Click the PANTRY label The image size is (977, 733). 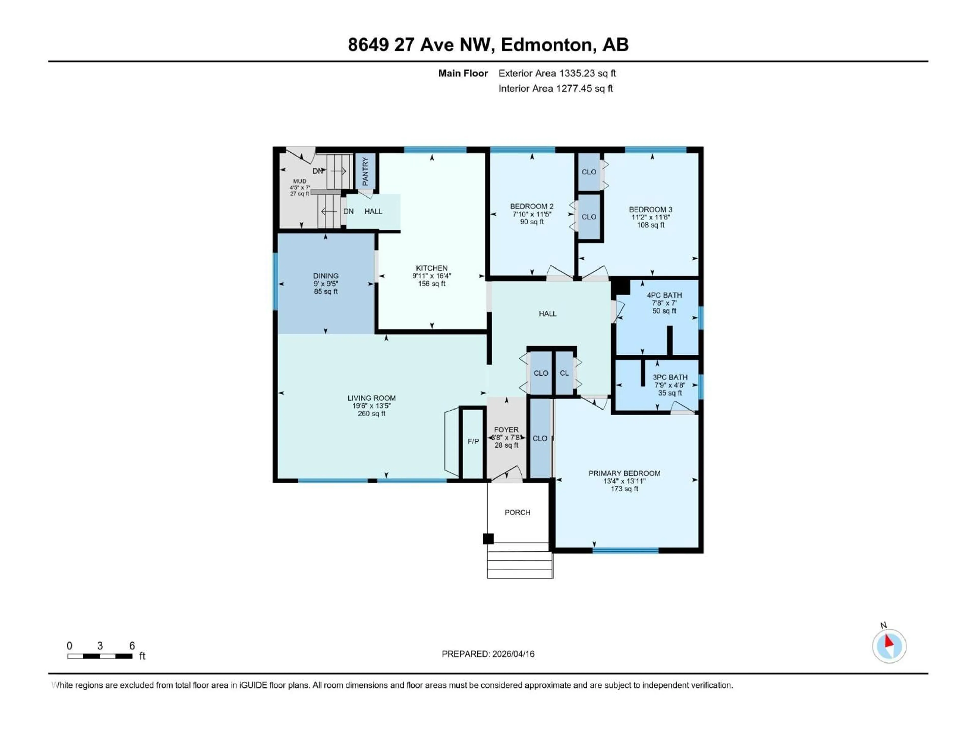tap(365, 172)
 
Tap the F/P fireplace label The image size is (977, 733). tap(473, 441)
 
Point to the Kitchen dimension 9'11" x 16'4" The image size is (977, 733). tap(432, 276)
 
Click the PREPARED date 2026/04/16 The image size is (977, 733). tap(512, 654)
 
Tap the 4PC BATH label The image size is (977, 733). tap(664, 295)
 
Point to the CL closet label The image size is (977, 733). tap(564, 373)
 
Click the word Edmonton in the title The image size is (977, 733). tap(546, 45)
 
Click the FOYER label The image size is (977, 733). tap(506, 429)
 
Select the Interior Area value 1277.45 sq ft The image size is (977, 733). tap(584, 88)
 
